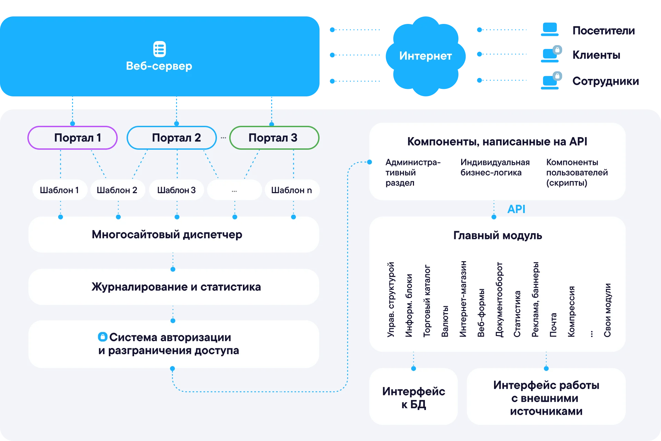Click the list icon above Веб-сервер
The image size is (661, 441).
point(159,49)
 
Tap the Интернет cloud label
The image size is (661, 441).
point(425,56)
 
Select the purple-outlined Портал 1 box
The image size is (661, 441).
point(73,138)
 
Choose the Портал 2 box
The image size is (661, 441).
point(172,138)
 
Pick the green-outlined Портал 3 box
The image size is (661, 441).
point(274,138)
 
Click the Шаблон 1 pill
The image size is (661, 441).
point(60,190)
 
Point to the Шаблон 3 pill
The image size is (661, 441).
point(177,190)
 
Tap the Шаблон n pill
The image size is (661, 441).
point(292,190)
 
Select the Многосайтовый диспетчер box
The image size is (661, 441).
point(174,235)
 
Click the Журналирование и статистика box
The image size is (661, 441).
point(174,287)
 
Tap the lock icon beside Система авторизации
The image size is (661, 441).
point(103,337)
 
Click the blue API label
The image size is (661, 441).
point(516,209)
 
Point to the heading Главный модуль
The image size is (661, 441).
point(497,236)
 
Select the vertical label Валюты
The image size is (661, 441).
point(445,321)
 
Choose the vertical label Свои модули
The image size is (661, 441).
point(607,310)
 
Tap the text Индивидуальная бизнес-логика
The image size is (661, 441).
point(495,167)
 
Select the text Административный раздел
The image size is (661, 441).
point(413,172)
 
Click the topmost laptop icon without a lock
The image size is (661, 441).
point(550,30)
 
